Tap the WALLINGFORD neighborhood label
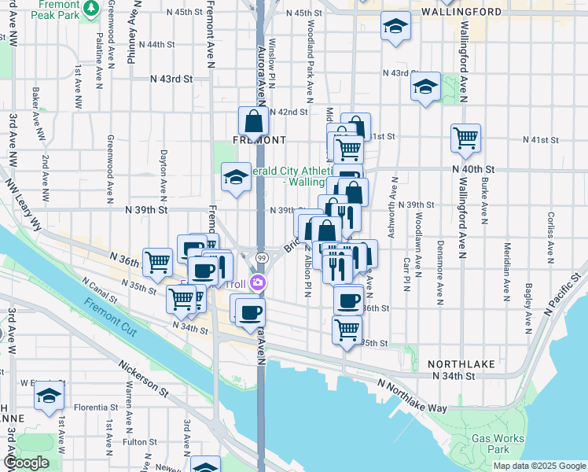coord(461,13)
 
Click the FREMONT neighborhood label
coord(259,140)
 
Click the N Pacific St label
coord(564,292)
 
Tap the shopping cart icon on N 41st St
coord(465,138)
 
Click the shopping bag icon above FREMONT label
coord(253,122)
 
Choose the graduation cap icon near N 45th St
coord(395,27)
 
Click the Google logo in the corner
coord(26,463)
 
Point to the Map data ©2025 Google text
coord(538,466)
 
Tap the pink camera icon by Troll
coord(256,284)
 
